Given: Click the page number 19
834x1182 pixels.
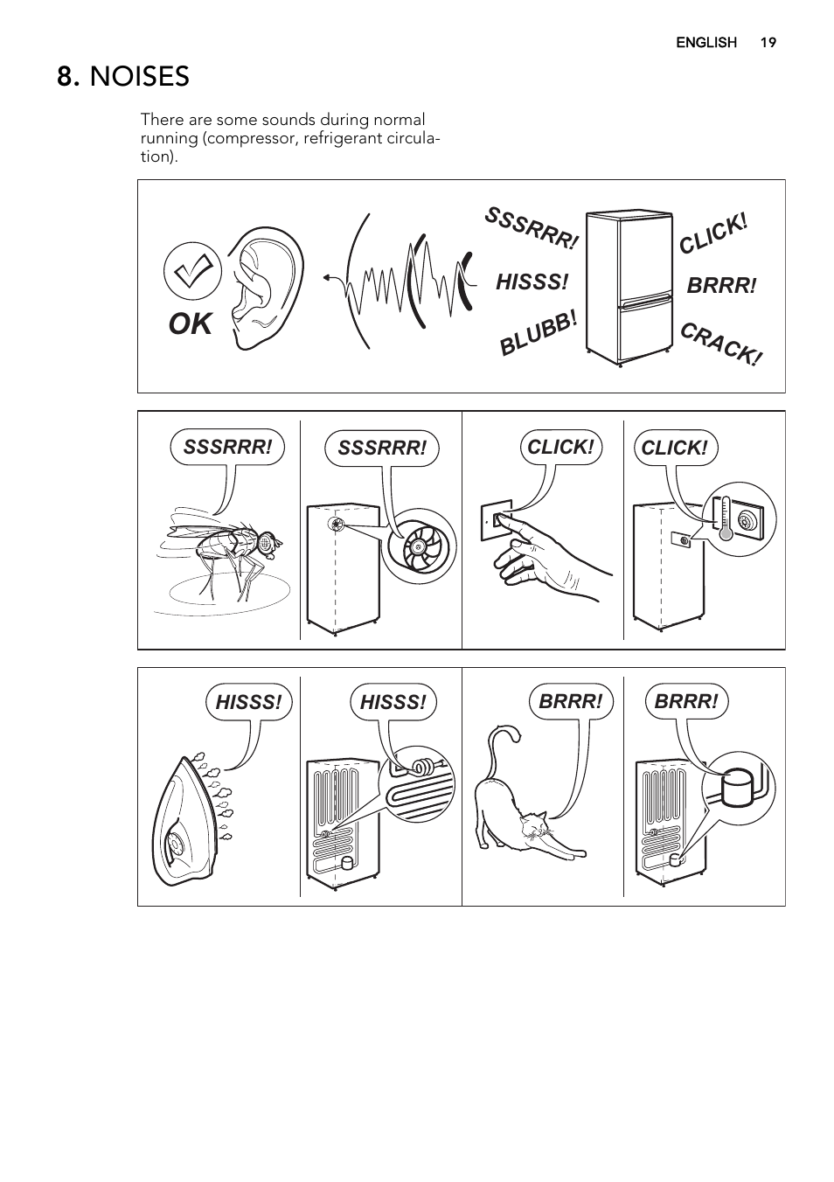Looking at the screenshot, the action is pos(768,42).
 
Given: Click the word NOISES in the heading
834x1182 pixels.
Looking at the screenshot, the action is pos(139,77).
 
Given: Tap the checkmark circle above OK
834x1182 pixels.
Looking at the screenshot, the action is pos(192,271).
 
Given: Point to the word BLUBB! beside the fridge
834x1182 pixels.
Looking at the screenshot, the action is pos(538,333).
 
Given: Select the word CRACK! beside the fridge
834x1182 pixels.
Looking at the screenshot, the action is pos(721,344).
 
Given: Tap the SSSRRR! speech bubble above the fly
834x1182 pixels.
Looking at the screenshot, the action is pos(227,447).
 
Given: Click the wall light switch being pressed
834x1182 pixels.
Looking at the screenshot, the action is pos(496,520).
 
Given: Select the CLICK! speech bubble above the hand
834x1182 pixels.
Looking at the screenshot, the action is pos(560,447).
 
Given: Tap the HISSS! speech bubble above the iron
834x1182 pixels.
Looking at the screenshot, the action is pos(248,702).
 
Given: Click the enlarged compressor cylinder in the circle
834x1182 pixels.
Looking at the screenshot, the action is pos(739,789).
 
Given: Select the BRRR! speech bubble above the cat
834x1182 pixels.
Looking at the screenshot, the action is pos(571,702).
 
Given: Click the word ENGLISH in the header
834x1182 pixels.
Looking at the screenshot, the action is pos(705,42).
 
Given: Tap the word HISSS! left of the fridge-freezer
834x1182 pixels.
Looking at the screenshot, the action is pos(532,282).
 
